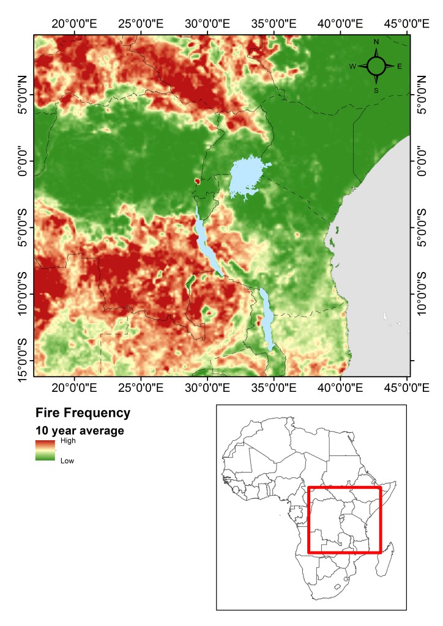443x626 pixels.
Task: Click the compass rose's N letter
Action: click(376, 42)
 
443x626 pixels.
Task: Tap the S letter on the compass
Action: click(376, 90)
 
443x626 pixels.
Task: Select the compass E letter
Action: click(400, 66)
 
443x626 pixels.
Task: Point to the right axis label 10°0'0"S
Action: click(422, 294)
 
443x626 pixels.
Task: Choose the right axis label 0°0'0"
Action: click(422, 160)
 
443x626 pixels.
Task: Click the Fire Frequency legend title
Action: click(83, 413)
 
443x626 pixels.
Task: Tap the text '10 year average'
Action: click(80, 430)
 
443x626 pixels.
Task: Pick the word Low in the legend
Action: click(67, 461)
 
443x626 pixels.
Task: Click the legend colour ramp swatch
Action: click(45, 451)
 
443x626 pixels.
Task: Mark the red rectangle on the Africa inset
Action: click(344, 520)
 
